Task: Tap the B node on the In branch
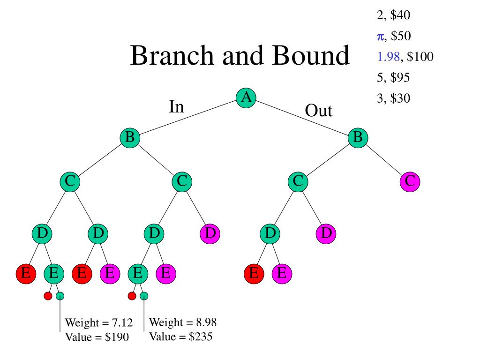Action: coord(130,138)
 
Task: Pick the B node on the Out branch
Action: coord(358,138)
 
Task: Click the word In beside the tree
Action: coord(176,107)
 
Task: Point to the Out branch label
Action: coord(318,112)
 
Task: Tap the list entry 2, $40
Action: coord(393,15)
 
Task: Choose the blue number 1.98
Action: coord(389,57)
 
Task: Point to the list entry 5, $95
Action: coord(393,77)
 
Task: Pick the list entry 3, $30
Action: coord(393,98)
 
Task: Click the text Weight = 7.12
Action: coord(98,323)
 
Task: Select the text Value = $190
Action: coord(97,337)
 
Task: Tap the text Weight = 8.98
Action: coord(182,322)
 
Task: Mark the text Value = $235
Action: coord(181,337)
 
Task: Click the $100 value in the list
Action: coord(420,57)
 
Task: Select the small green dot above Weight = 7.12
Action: coord(60,296)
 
